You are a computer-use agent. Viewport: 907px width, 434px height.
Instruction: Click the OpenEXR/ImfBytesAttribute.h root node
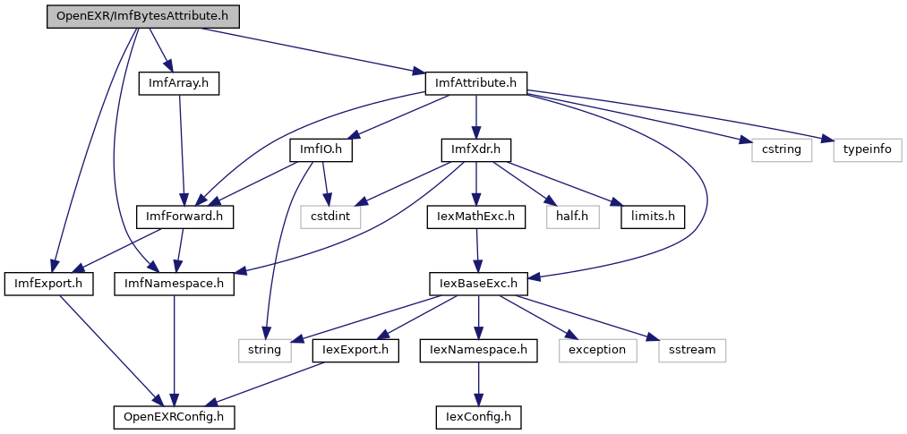(143, 17)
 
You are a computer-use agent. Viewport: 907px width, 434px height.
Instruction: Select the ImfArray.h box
(179, 84)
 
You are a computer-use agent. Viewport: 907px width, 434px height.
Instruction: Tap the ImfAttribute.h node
(476, 84)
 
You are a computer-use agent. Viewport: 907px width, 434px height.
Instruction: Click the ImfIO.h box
(321, 150)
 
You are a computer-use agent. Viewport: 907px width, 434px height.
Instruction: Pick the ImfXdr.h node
(476, 150)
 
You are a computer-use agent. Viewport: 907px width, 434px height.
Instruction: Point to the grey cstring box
(782, 150)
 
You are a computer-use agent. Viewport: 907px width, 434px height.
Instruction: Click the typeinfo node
(868, 150)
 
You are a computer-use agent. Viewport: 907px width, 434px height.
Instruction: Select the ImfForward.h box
(184, 217)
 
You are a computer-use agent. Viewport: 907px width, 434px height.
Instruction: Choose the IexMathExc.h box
(476, 217)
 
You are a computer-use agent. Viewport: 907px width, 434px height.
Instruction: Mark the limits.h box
(653, 217)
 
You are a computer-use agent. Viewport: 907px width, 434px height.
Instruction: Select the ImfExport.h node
(49, 285)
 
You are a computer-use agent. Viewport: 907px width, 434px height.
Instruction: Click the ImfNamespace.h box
(174, 285)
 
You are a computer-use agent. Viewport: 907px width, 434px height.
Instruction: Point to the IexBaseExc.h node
(478, 285)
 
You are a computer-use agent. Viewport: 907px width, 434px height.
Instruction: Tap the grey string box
(265, 351)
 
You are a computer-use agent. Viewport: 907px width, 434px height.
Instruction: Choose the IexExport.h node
(355, 351)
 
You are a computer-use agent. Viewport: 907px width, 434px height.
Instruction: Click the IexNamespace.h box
(479, 351)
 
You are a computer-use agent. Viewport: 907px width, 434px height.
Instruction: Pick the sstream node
(692, 351)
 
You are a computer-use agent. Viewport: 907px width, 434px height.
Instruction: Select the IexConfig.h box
(478, 417)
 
